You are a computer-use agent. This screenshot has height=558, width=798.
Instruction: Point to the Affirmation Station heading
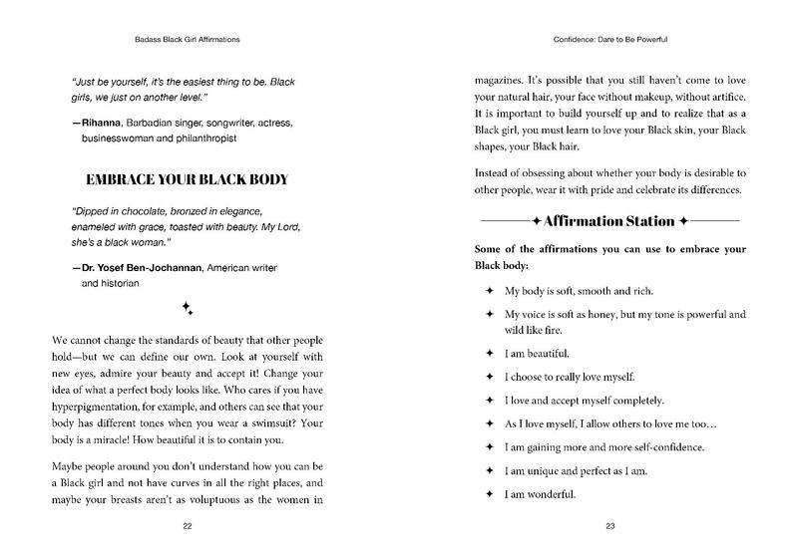coord(609,218)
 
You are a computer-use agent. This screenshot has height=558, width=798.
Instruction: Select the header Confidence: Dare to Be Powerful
coord(609,41)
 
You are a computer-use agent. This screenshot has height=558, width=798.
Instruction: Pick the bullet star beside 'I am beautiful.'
coord(489,353)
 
